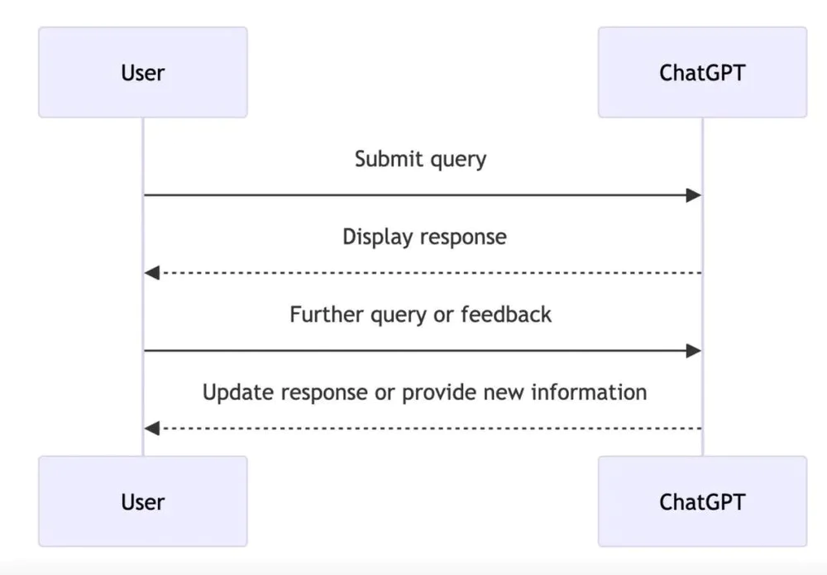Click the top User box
143,72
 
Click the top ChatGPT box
702,72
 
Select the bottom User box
143,501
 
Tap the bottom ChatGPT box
702,501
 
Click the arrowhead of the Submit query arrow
694,195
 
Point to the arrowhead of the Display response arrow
152,273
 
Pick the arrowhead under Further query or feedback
694,350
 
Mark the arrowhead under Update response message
152,428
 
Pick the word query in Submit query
458,160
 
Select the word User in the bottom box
143,501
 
